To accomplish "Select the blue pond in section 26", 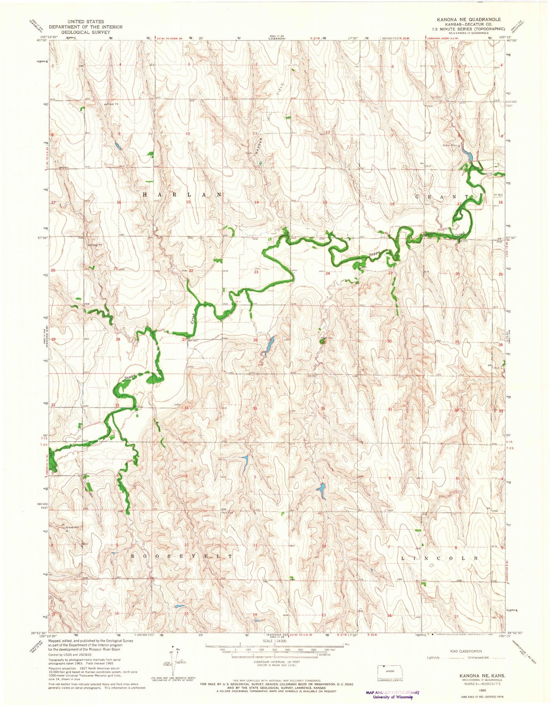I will point(269,345).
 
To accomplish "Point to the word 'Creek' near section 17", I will point(459,234).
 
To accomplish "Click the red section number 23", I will point(256,272).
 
